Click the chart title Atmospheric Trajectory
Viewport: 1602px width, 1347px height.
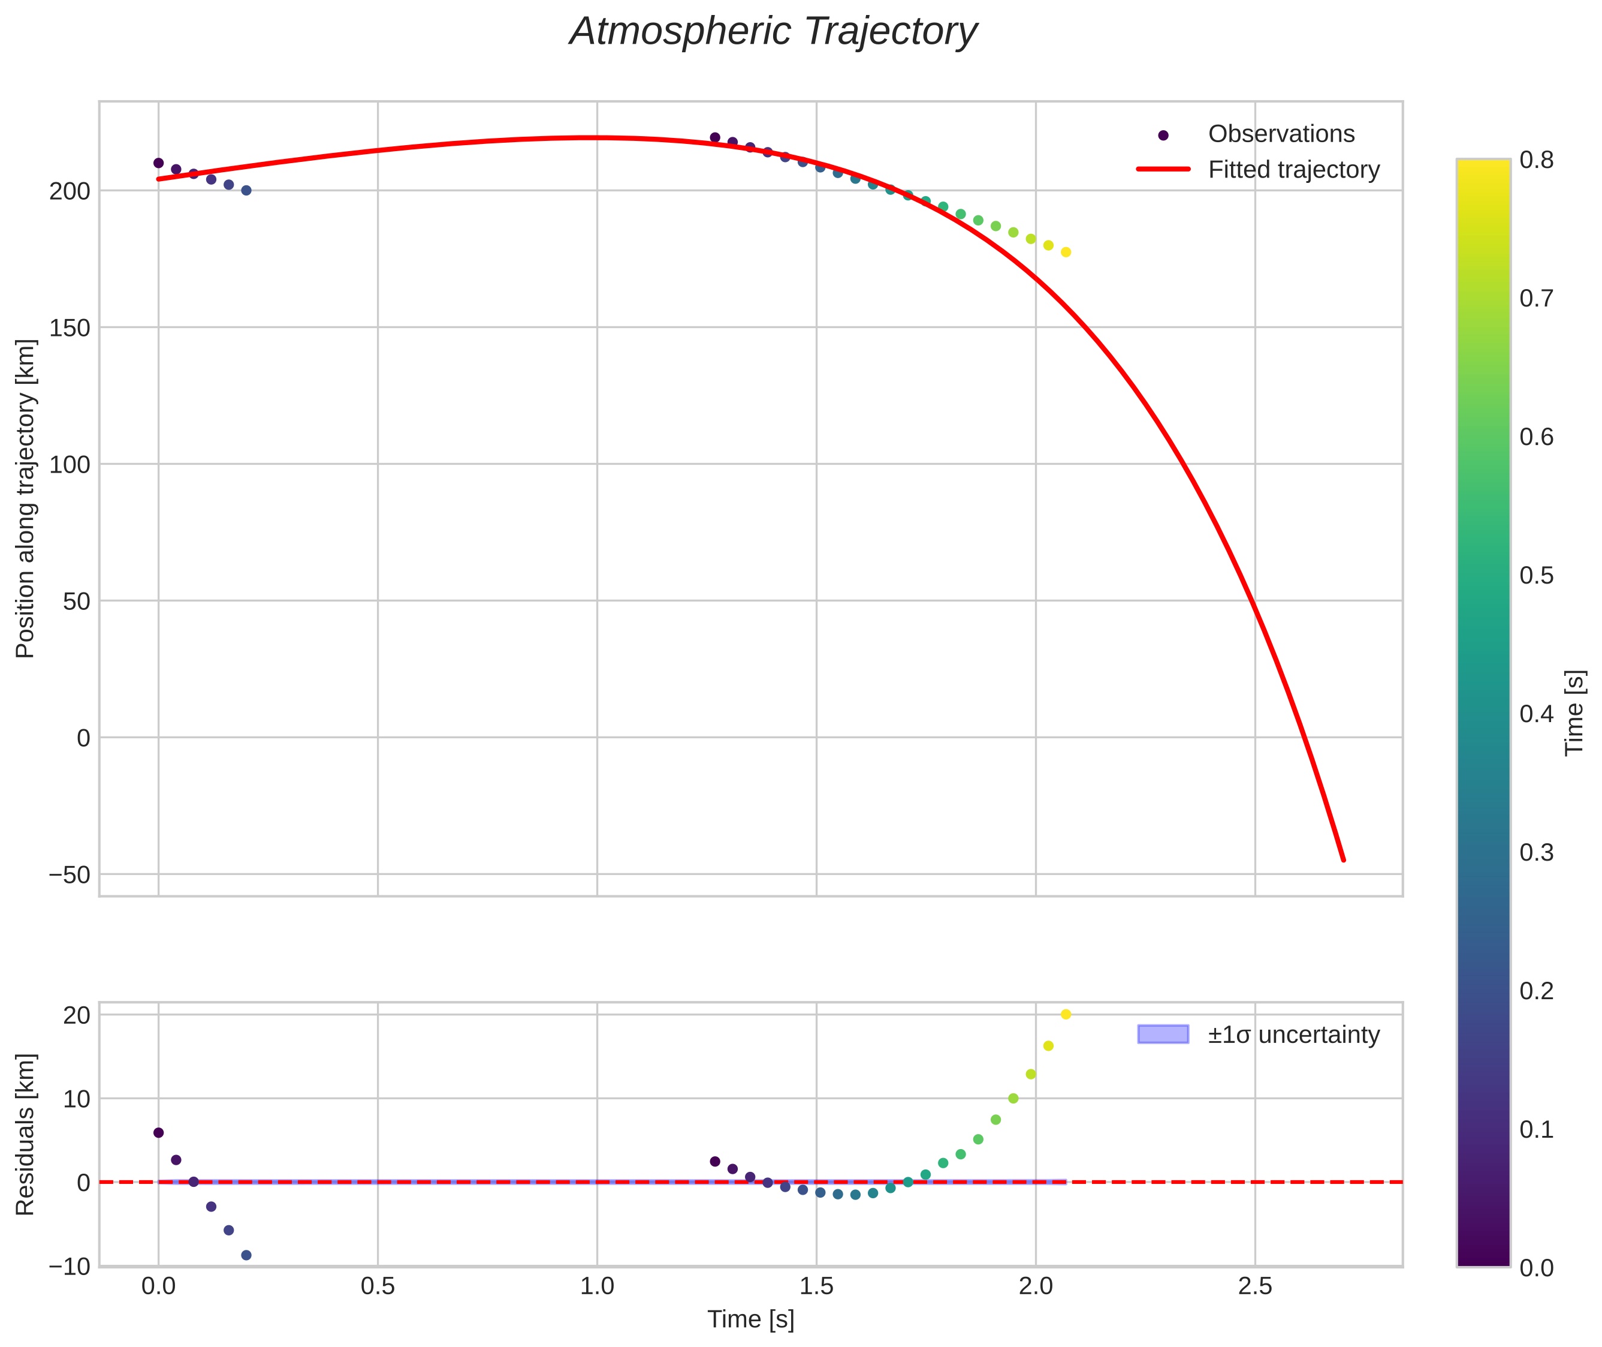click(x=773, y=32)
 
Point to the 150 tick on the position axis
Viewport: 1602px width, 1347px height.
click(x=70, y=327)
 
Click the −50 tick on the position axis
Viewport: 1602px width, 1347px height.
click(x=70, y=874)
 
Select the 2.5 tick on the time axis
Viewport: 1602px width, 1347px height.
click(x=1255, y=1286)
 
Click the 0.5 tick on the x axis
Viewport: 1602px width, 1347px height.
click(x=378, y=1286)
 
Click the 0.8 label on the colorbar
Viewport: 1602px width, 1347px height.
click(x=1536, y=160)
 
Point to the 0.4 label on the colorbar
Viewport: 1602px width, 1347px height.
click(x=1536, y=714)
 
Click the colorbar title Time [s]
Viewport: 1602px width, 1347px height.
click(x=1574, y=713)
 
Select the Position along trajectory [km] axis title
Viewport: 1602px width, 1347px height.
click(x=26, y=498)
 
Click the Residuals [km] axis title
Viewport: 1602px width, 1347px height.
click(x=26, y=1134)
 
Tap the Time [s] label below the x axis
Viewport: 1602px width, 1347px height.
click(x=750, y=1319)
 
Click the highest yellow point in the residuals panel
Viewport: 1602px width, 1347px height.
click(x=1066, y=1014)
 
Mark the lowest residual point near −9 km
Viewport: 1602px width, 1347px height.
click(x=246, y=1255)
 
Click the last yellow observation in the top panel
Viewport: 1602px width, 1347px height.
click(x=1066, y=252)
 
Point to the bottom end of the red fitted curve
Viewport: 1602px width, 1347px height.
click(x=1343, y=861)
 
